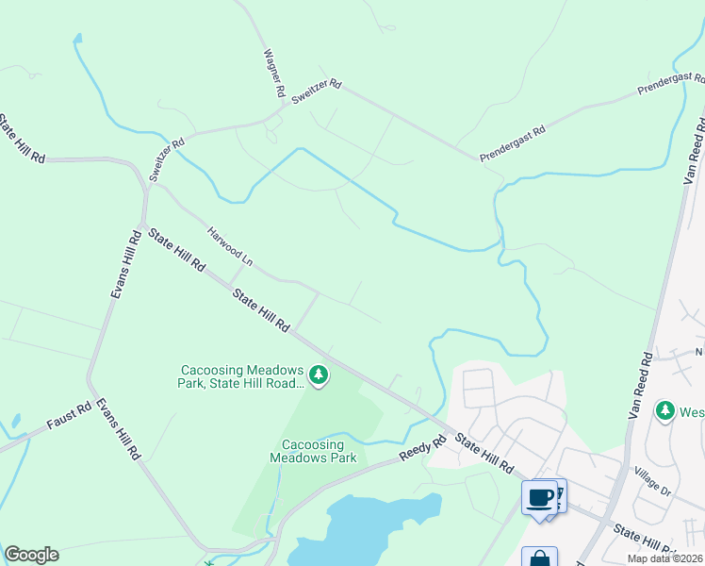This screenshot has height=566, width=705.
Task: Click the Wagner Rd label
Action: [x=274, y=75]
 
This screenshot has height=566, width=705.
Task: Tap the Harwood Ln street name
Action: [x=231, y=244]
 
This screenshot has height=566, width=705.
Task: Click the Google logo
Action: [x=31, y=555]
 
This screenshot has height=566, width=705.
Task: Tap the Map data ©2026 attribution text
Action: [x=665, y=558]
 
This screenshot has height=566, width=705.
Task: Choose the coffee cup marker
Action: [x=540, y=498]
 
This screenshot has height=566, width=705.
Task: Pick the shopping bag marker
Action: [x=539, y=558]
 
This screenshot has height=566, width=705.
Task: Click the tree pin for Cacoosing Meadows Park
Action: [x=320, y=375]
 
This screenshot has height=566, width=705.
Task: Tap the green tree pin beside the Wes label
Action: [x=666, y=410]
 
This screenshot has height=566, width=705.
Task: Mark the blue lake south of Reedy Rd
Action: [x=368, y=528]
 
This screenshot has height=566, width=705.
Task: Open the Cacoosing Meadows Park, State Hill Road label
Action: [x=242, y=376]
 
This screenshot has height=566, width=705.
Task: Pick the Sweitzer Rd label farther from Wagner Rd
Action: [x=167, y=158]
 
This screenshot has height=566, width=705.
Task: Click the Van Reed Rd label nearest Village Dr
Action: [x=640, y=387]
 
